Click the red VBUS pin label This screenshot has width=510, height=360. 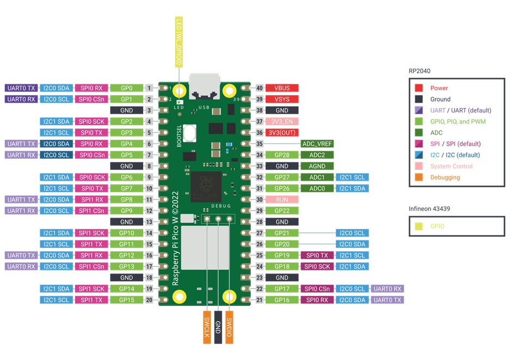click(x=282, y=88)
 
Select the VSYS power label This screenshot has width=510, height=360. click(x=282, y=99)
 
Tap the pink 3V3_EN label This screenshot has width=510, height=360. click(x=282, y=121)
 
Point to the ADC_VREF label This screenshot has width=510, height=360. click(x=317, y=144)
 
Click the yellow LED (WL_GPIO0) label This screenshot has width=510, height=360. click(x=179, y=42)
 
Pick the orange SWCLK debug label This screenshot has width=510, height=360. click(x=207, y=327)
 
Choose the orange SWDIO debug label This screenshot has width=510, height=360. click(x=229, y=327)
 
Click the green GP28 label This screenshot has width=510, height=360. click(x=282, y=155)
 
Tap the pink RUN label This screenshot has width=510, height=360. click(x=282, y=200)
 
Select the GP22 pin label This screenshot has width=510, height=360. click(x=282, y=210)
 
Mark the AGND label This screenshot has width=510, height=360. click(x=317, y=166)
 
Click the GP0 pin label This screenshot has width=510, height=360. click(x=126, y=88)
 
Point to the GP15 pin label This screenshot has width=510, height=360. click(x=126, y=300)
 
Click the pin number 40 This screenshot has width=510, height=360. click(x=259, y=88)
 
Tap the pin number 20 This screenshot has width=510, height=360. click(x=149, y=300)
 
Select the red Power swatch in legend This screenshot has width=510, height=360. click(x=419, y=88)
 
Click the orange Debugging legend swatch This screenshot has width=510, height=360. click(x=419, y=177)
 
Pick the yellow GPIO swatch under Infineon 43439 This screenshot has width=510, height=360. click(x=419, y=226)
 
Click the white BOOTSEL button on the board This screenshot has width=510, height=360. click(x=189, y=133)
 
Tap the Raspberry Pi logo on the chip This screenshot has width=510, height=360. click(x=206, y=184)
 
